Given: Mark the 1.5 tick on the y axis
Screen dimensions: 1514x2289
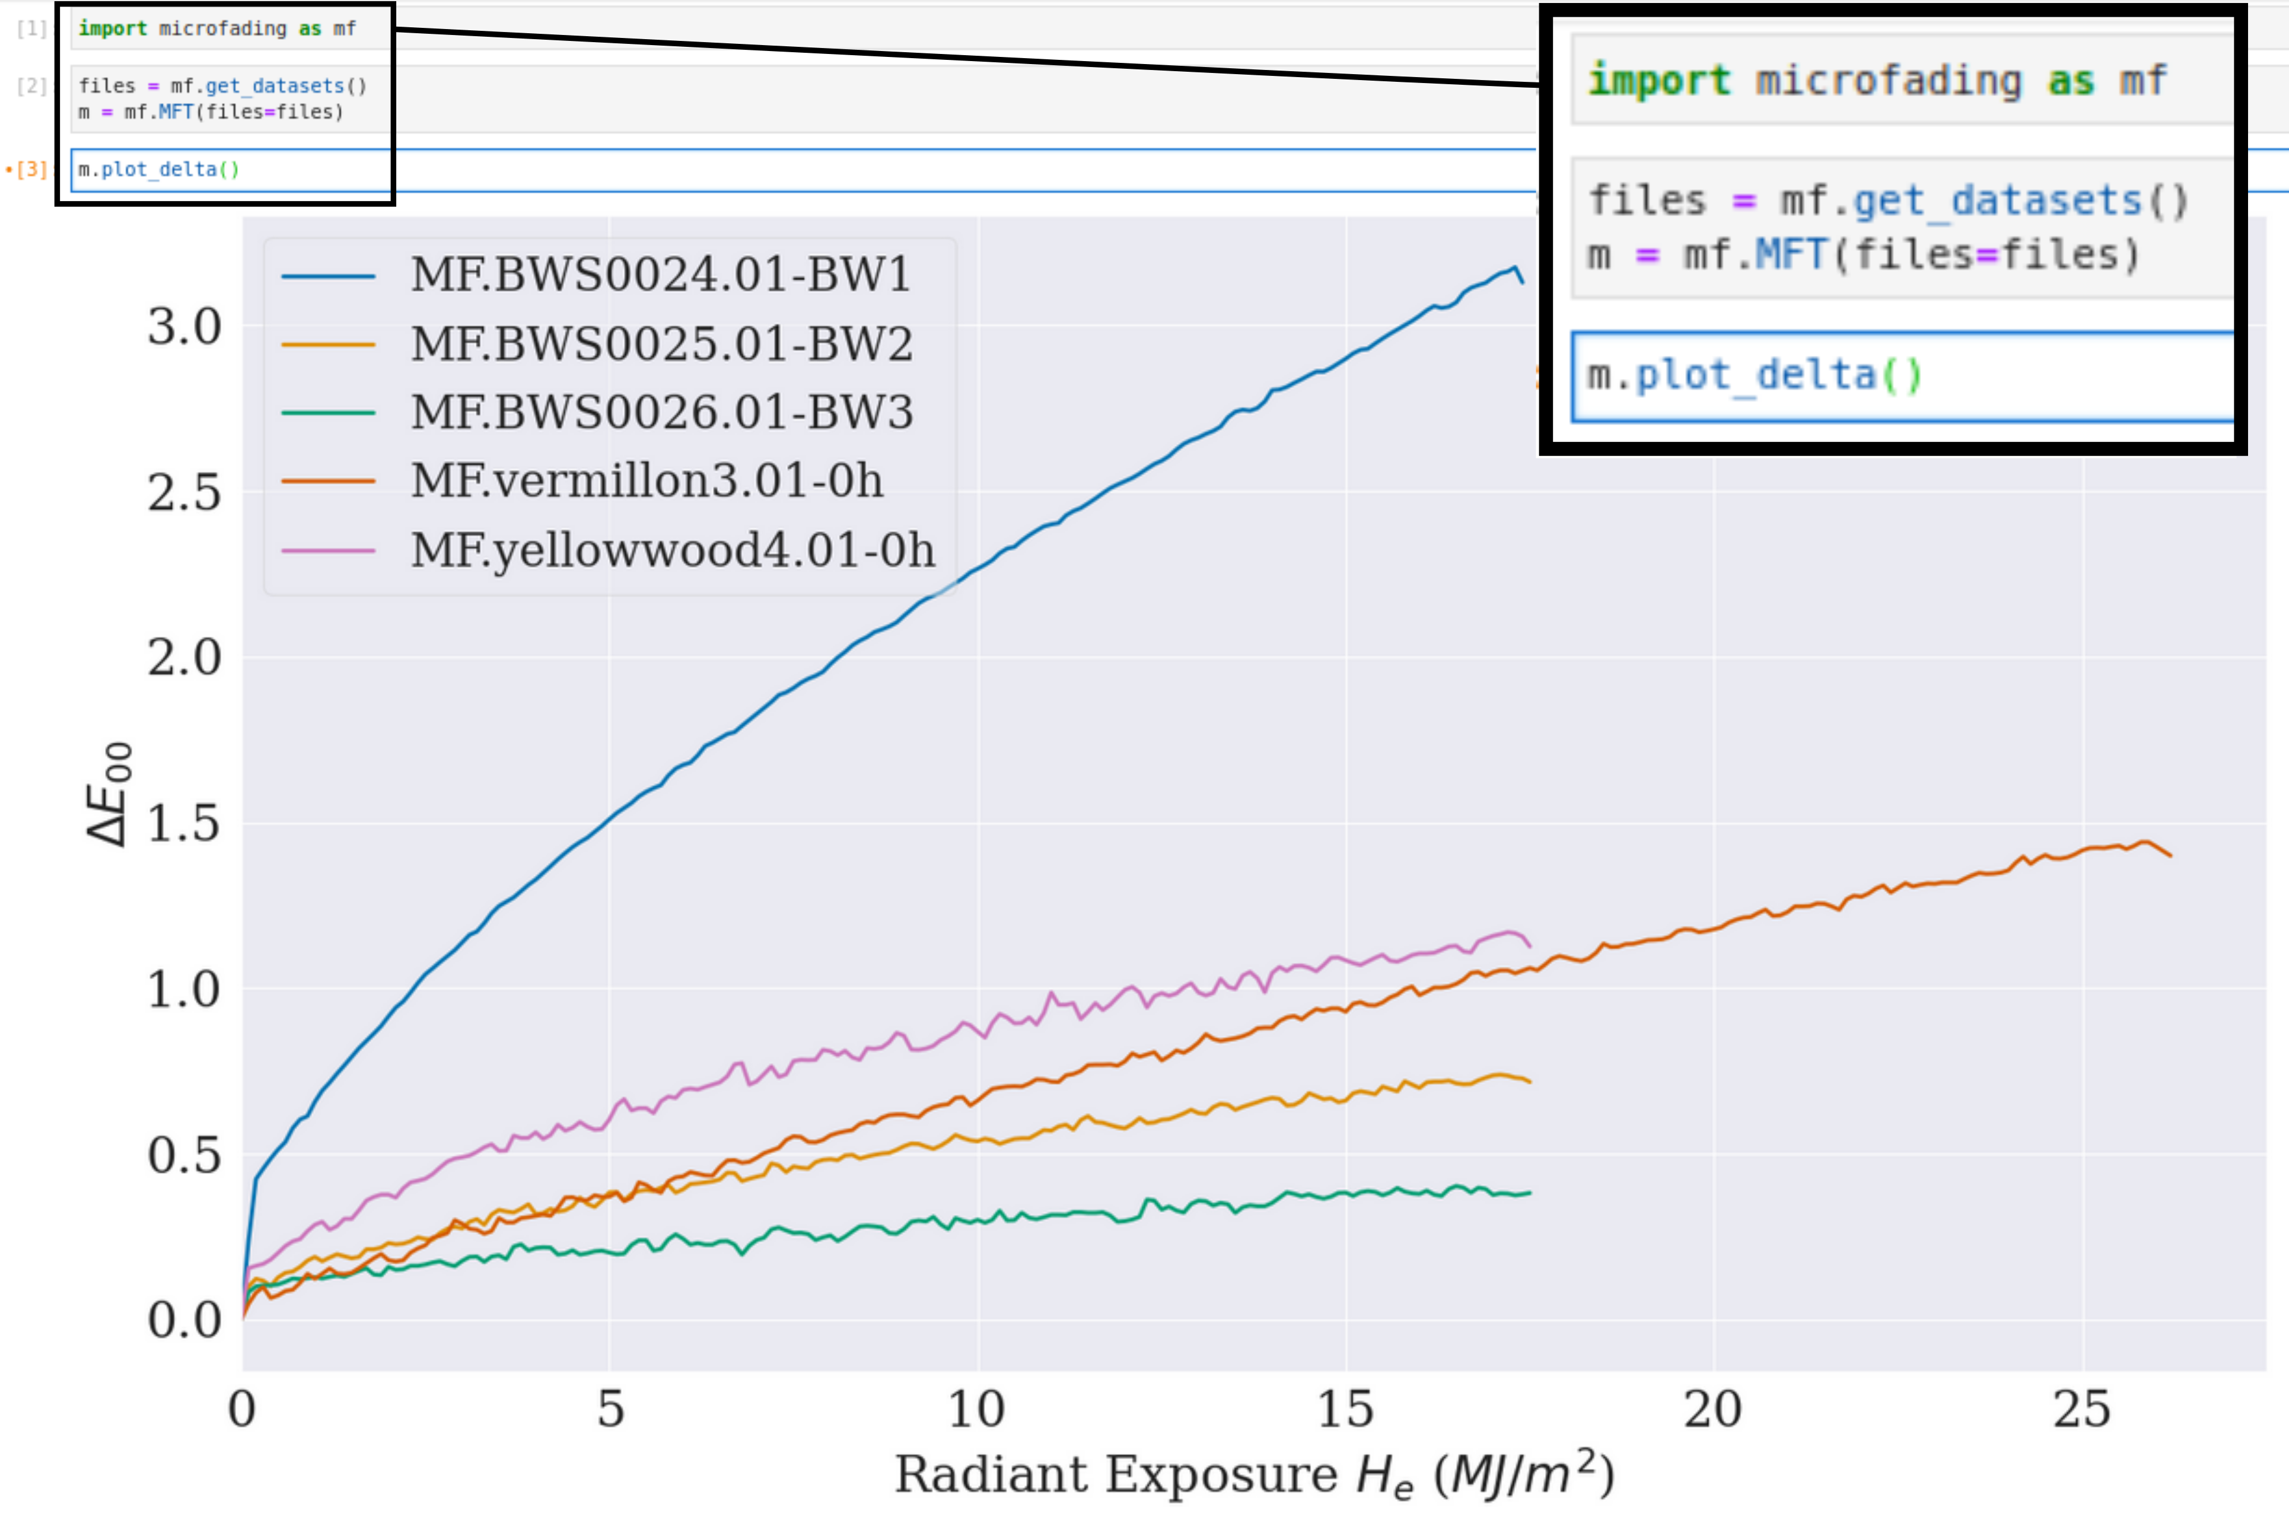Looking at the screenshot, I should click(183, 824).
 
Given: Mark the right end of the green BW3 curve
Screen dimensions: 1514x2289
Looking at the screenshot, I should click(1530, 1193).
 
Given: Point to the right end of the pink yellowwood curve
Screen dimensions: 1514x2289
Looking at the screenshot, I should click(1530, 945).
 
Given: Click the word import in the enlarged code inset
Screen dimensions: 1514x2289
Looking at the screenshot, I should click(1659, 80).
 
